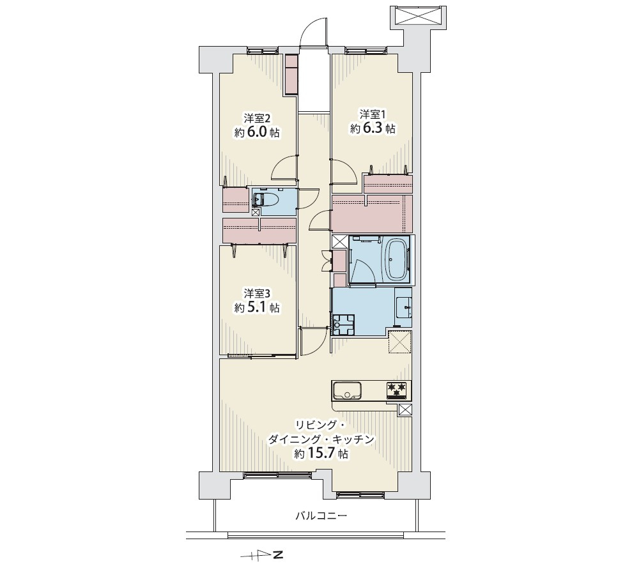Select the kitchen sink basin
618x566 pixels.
coord(348,391)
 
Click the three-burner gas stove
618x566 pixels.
coord(398,391)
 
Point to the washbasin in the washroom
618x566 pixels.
coord(404,306)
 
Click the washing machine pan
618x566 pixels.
coord(343,325)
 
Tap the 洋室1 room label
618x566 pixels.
coord(372,114)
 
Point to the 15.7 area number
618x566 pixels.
coord(320,454)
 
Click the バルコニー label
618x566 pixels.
coord(321,516)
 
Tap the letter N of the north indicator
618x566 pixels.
coord(279,555)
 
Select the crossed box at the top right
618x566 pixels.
coord(418,17)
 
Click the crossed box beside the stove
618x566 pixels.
coord(405,409)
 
